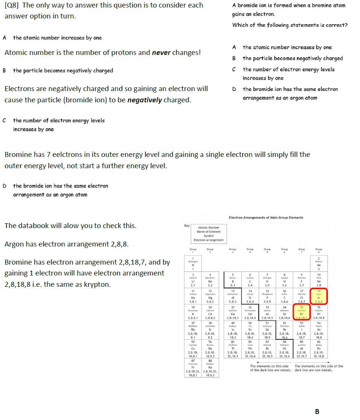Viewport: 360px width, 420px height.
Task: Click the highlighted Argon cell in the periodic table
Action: tap(319, 296)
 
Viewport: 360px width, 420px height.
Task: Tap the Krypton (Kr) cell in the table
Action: tap(319, 312)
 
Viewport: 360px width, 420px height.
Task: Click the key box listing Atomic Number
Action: tap(209, 233)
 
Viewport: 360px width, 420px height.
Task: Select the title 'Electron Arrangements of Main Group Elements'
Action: tap(266, 218)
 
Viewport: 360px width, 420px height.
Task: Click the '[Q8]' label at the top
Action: tap(12, 5)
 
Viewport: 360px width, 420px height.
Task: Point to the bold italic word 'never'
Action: tap(161, 53)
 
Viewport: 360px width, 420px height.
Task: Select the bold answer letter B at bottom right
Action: tap(317, 412)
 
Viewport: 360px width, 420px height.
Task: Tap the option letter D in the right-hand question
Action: tap(234, 89)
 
